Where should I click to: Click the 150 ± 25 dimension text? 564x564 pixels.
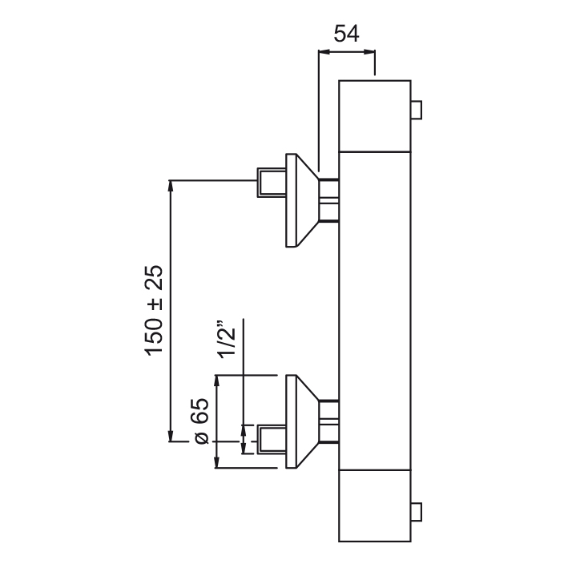click(155, 310)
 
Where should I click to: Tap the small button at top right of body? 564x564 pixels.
click(417, 110)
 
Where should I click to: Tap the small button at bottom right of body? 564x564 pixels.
click(417, 510)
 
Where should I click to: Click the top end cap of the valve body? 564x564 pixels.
click(376, 114)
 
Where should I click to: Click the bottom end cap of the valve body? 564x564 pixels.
click(376, 506)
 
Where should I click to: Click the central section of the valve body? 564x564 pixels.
click(376, 308)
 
